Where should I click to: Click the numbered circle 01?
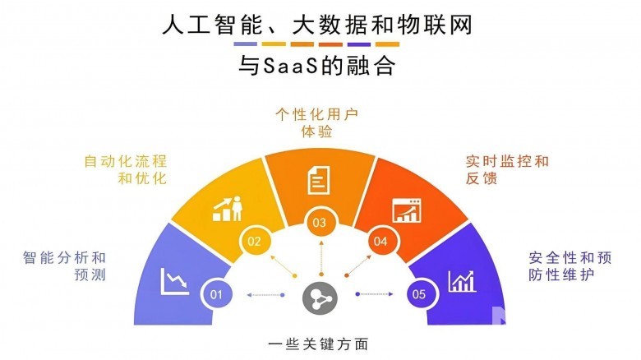pos(216,294)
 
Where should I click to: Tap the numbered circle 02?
pos(254,241)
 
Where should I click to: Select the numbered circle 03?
pos(320,223)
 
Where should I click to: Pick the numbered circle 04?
pos(380,241)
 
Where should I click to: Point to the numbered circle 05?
pos(419,294)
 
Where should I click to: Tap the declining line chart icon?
pos(175,281)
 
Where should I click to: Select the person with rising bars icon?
pos(228,209)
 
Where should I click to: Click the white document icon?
pos(319,180)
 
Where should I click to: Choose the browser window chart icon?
pos(407,210)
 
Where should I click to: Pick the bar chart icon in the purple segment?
pos(463,281)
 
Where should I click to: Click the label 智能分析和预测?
pos(64,266)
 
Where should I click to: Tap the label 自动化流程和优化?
pos(126,170)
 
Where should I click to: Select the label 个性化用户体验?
pos(317,122)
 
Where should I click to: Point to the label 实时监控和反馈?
pos(507,170)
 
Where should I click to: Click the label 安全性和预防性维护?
pos(570,266)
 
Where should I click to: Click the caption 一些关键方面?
pos(319,344)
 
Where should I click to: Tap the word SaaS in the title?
pos(291,66)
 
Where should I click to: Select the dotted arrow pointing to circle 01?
pos(265,294)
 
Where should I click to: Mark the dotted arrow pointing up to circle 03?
pos(321,259)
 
